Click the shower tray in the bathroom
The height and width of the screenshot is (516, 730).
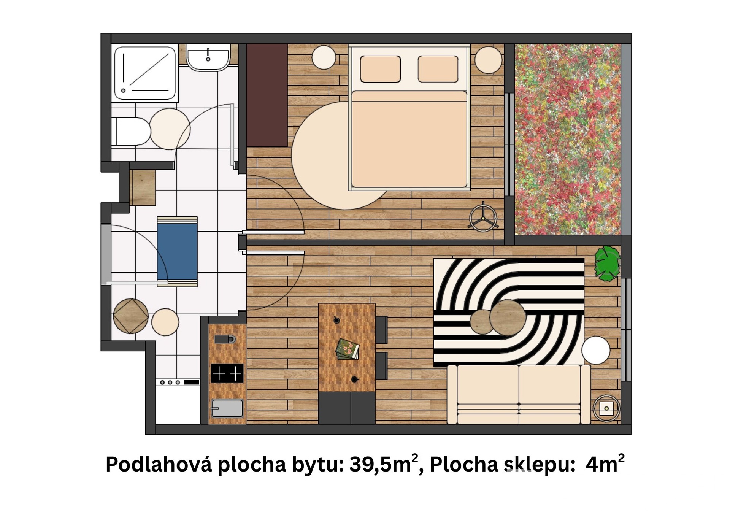coord(145,73)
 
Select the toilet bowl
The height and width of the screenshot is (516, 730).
coord(131,132)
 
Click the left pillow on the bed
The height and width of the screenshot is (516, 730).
coord(380,69)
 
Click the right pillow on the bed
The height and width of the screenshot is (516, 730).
coord(438,69)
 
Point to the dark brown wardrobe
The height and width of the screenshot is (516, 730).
coord(267,95)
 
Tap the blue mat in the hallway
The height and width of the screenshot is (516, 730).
coord(177,251)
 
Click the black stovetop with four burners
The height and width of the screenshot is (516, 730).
coord(227,373)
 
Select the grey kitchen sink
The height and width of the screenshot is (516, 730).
coord(227,408)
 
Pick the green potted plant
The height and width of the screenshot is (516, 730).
coord(607,264)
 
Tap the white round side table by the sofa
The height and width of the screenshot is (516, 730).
coord(595,350)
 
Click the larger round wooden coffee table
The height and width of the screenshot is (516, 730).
coord(508,317)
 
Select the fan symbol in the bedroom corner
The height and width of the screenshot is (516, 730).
coord(483,219)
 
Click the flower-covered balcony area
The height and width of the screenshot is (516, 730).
coord(567,139)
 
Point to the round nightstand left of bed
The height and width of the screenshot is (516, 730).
coord(324,57)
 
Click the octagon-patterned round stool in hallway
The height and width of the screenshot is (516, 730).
coord(130,316)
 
